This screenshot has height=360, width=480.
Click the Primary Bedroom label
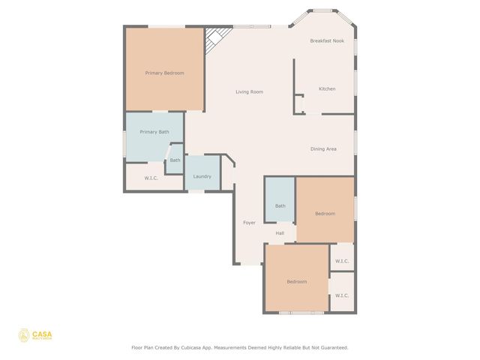(164, 73)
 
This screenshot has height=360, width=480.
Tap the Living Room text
(249, 91)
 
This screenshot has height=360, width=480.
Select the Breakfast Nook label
(327, 40)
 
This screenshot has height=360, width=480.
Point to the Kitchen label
(327, 88)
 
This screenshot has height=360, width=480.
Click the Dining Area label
(323, 148)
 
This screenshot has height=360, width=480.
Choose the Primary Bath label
(154, 131)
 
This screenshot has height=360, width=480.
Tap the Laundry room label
(202, 176)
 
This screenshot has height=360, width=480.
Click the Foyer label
(249, 223)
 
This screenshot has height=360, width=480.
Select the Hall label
(280, 233)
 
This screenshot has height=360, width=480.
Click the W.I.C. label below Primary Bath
(151, 178)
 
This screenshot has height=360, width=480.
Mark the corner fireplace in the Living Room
(217, 37)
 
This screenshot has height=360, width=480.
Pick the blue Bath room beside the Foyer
(280, 200)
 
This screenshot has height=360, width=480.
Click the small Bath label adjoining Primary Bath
(175, 160)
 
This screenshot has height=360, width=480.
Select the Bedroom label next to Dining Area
(325, 214)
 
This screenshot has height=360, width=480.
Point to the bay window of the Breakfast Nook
(324, 10)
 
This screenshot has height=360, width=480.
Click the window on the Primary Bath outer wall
(124, 142)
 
